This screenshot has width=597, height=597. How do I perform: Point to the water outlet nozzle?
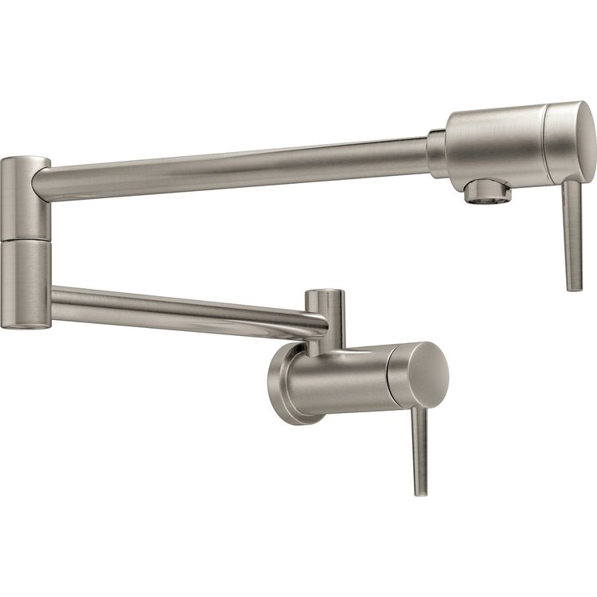[488, 191]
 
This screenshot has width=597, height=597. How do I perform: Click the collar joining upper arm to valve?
[437, 153]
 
